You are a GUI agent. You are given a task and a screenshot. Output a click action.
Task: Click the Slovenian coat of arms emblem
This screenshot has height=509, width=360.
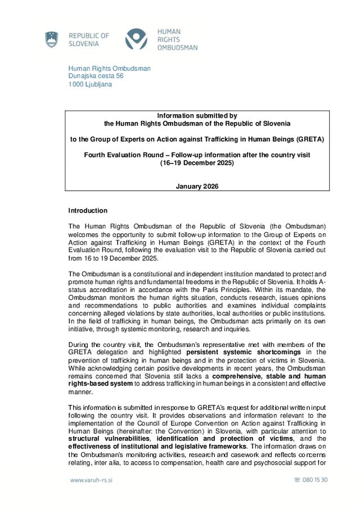52,40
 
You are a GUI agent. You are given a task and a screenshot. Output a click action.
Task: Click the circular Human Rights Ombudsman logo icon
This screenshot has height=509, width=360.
136,39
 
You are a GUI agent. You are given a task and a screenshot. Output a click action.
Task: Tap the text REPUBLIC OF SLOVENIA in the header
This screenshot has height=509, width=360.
89,39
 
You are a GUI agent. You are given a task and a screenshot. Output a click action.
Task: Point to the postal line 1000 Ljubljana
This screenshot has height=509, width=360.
90,84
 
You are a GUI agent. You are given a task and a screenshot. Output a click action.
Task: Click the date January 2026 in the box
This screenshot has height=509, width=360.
197,186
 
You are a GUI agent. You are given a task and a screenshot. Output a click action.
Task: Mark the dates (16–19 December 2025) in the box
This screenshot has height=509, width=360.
197,163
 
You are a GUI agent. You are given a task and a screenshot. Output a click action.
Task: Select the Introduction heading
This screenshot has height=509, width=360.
87,210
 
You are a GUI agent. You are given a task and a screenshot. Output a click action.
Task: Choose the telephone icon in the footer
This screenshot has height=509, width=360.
297,480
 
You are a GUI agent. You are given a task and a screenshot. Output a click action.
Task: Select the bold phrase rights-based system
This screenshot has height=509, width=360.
101,384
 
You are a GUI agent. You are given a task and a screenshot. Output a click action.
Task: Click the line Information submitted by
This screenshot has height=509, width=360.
197,115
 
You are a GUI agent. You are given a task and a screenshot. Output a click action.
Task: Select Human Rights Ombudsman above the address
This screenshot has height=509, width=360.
109,69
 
